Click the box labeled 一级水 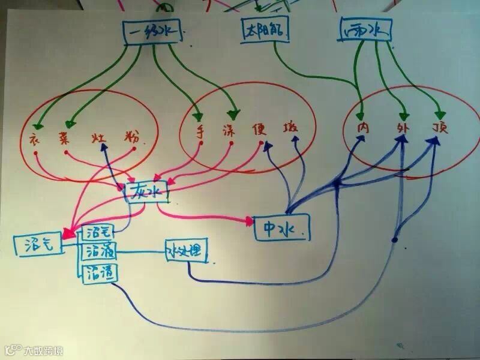click(154, 34)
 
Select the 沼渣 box click(100, 272)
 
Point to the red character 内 click(363, 128)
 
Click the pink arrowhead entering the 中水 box click(249, 221)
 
